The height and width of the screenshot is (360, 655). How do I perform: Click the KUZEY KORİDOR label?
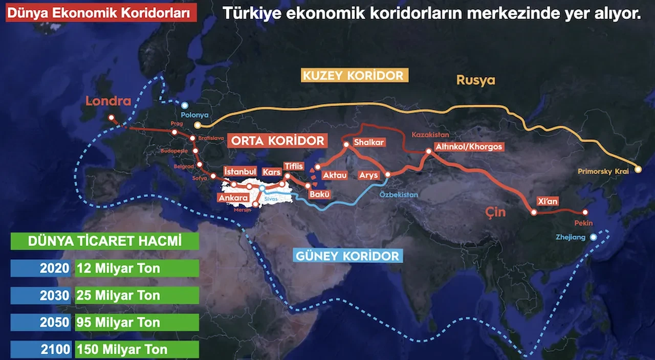353,76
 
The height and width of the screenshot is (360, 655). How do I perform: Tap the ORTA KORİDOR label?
278,141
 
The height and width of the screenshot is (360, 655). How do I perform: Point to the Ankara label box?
233,197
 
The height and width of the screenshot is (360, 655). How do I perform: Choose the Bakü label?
320,194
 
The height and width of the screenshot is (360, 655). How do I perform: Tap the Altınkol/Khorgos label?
468,147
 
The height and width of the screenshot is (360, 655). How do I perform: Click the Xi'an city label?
548,201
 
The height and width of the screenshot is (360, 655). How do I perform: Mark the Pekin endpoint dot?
585,213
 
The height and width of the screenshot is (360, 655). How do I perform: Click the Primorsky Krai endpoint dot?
638,169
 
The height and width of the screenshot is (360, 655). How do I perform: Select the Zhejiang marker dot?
593,237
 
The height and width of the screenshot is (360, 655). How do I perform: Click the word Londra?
108,101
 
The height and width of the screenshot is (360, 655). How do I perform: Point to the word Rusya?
476,80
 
